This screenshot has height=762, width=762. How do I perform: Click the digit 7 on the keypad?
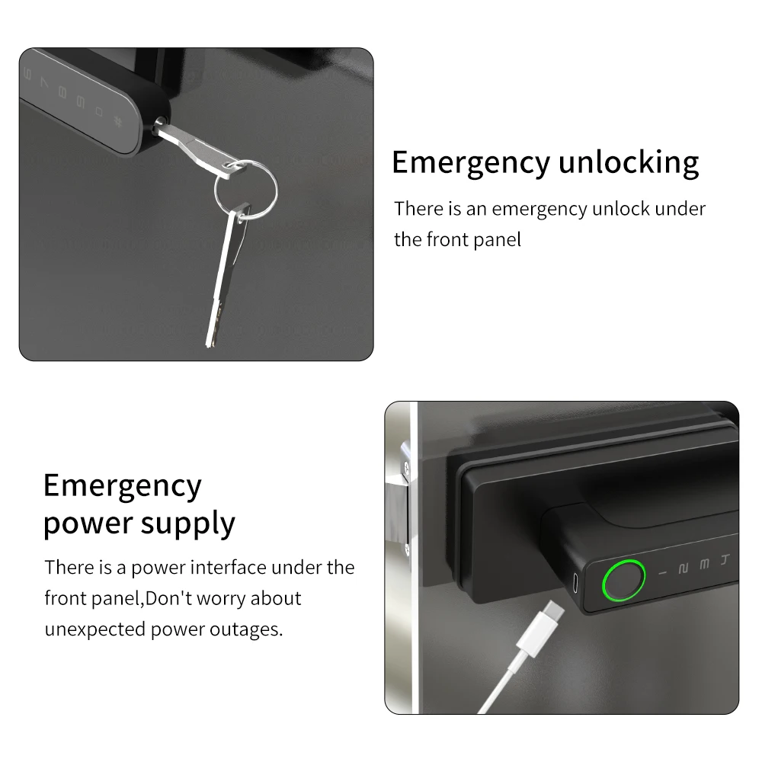pyautogui.click(x=44, y=84)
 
